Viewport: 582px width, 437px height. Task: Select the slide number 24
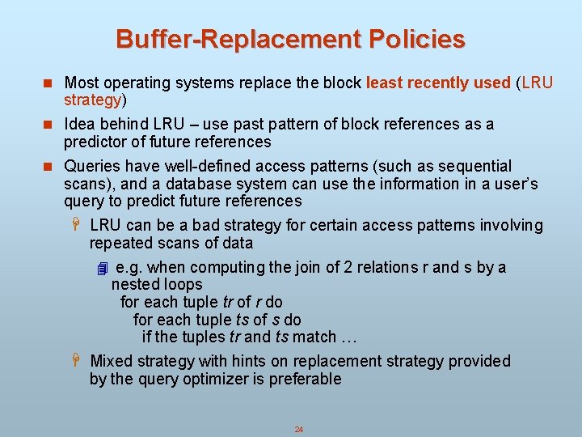click(298, 429)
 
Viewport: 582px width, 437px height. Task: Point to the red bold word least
click(383, 83)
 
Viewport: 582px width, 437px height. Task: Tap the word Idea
click(78, 124)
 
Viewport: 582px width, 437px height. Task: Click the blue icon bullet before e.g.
click(101, 268)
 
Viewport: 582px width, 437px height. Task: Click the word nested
click(133, 284)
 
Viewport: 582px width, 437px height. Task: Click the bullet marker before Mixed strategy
click(77, 361)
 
